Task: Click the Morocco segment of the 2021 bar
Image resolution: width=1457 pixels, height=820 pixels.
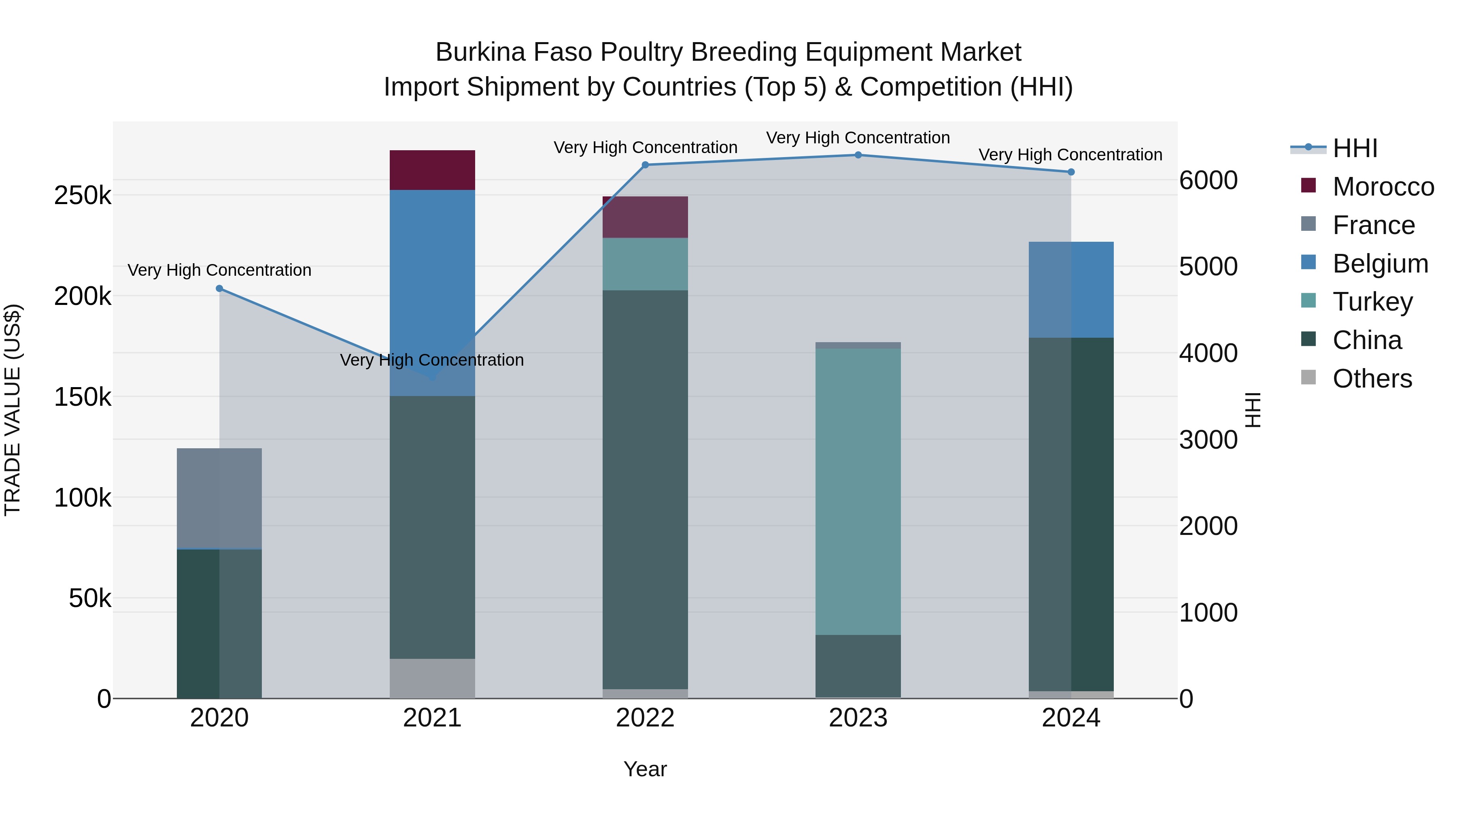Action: [x=432, y=170]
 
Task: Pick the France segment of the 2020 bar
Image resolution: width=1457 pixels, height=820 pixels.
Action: [x=219, y=498]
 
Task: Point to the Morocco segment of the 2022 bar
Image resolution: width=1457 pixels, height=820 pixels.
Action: [x=645, y=217]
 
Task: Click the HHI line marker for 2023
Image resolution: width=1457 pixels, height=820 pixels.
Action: [x=858, y=155]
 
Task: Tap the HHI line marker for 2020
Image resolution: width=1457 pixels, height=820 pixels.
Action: [x=219, y=289]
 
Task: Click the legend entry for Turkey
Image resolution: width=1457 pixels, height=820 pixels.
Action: [x=1373, y=302]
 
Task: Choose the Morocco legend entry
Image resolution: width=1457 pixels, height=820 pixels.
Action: [x=1383, y=187]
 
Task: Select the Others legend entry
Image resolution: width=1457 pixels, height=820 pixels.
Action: [x=1372, y=378]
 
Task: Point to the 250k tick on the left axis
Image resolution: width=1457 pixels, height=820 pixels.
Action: [x=83, y=196]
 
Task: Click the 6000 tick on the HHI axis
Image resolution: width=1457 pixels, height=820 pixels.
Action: [x=1209, y=181]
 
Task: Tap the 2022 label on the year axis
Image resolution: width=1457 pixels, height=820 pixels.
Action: [x=645, y=718]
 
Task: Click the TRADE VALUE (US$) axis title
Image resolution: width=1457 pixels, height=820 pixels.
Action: [x=13, y=410]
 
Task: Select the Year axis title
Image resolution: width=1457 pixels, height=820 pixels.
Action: [x=645, y=769]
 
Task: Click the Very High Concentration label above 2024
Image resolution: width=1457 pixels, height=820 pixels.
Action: [x=1070, y=155]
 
